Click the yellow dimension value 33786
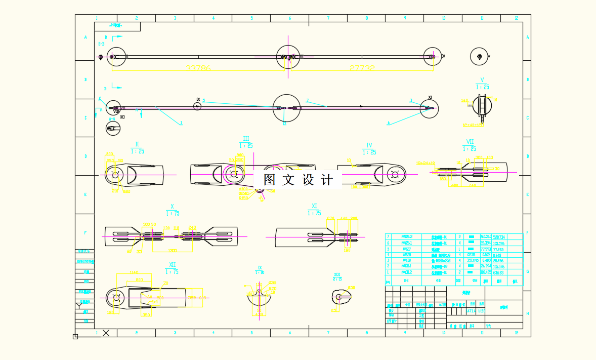coord(198,68)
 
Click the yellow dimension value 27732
coord(362,68)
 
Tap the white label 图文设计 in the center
coord(298,180)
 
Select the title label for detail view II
coord(137,148)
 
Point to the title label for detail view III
coord(246,142)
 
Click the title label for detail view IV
coord(369,148)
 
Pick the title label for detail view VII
coord(470,145)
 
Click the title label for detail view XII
coord(172,268)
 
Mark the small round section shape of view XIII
coord(339,296)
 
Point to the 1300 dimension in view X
coord(173,251)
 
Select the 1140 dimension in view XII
coord(134,272)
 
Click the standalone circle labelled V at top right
coord(479,56)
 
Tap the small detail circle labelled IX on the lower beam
coord(197,106)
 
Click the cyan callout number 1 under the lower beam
coord(181,123)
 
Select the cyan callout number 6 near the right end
coord(389,123)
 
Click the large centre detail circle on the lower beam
coord(286,107)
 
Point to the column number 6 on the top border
coord(290,18)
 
